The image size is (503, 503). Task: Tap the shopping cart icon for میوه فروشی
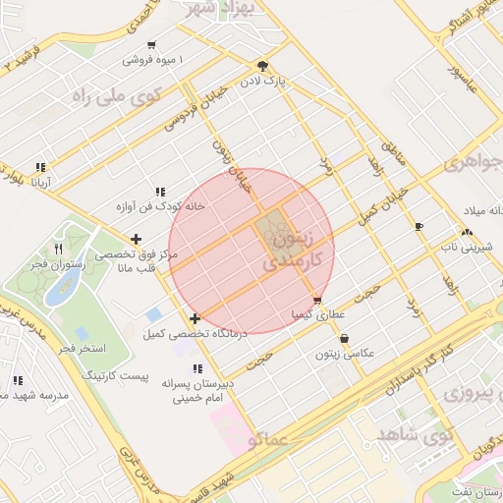click(x=150, y=45)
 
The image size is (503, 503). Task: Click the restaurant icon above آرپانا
click(x=40, y=168)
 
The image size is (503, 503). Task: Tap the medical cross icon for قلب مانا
click(x=136, y=239)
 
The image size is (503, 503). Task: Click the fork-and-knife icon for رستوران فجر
click(x=59, y=250)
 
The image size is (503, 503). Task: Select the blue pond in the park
click(x=65, y=286)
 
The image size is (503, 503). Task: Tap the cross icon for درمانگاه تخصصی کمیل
click(x=195, y=317)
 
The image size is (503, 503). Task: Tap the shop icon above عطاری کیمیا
click(x=316, y=301)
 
